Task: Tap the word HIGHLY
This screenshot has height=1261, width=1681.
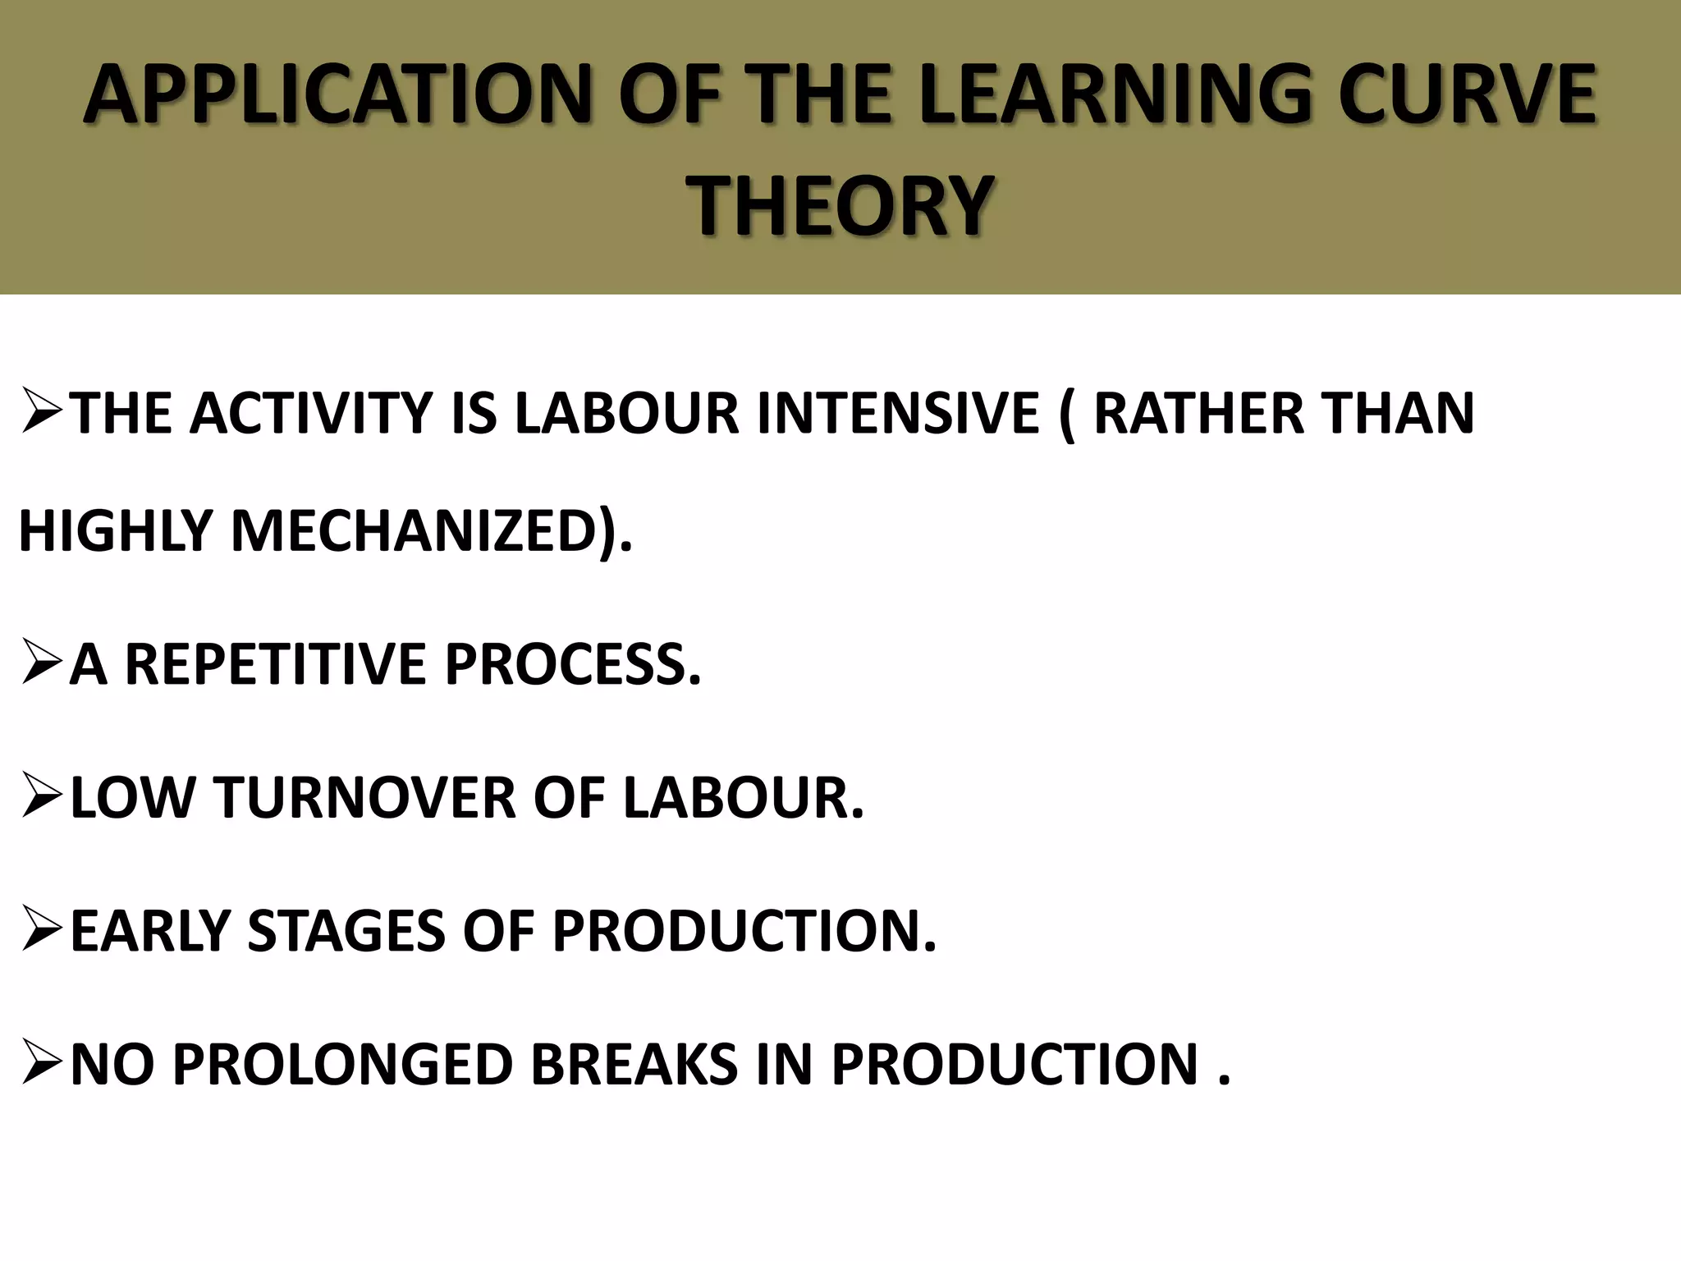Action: pyautogui.click(x=115, y=530)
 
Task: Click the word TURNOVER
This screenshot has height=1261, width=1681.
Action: pyautogui.click(x=365, y=797)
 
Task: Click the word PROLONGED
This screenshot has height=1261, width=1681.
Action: pyautogui.click(x=344, y=1065)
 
